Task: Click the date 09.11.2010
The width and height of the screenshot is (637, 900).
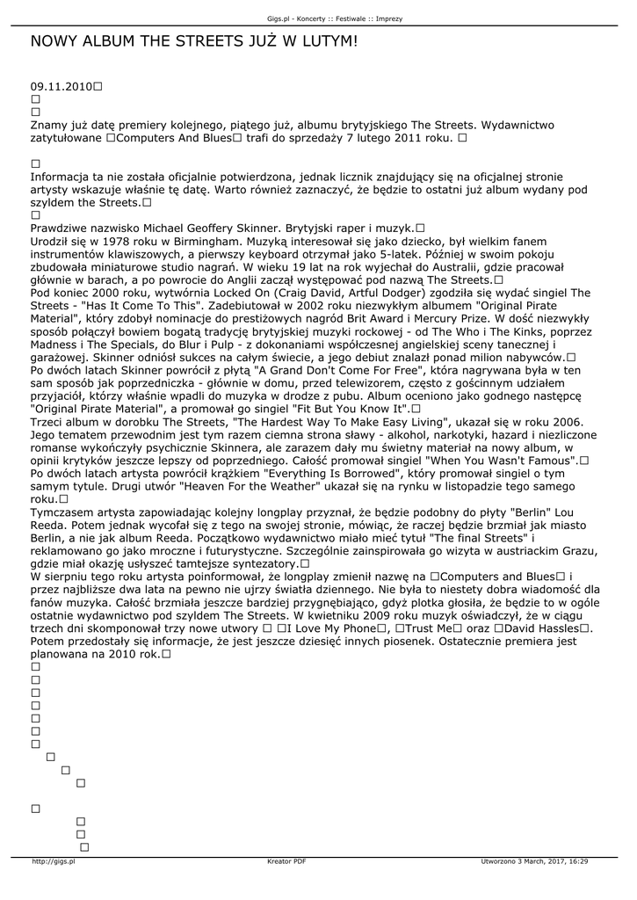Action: click(61, 87)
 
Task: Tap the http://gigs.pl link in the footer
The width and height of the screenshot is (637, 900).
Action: click(54, 861)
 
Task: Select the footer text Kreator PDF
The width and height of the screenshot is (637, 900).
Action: click(286, 861)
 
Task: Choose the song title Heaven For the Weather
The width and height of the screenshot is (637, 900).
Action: click(196, 485)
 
